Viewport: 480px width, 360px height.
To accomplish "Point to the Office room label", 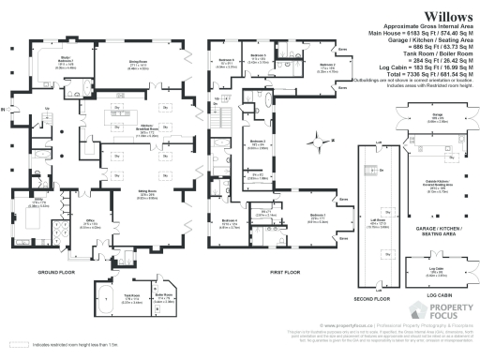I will pyautogui.click(x=91, y=224).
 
